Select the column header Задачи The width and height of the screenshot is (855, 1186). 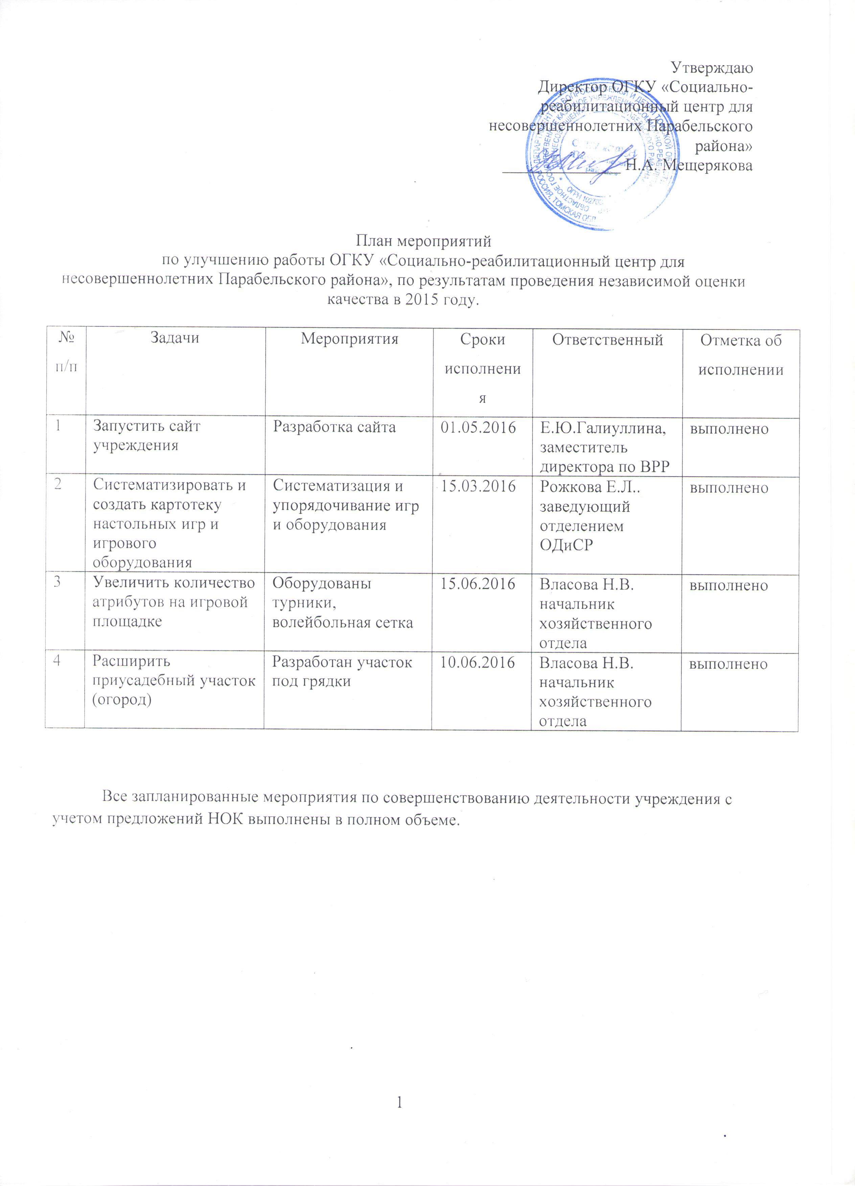[x=175, y=338]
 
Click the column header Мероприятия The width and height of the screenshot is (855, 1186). [x=349, y=339]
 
